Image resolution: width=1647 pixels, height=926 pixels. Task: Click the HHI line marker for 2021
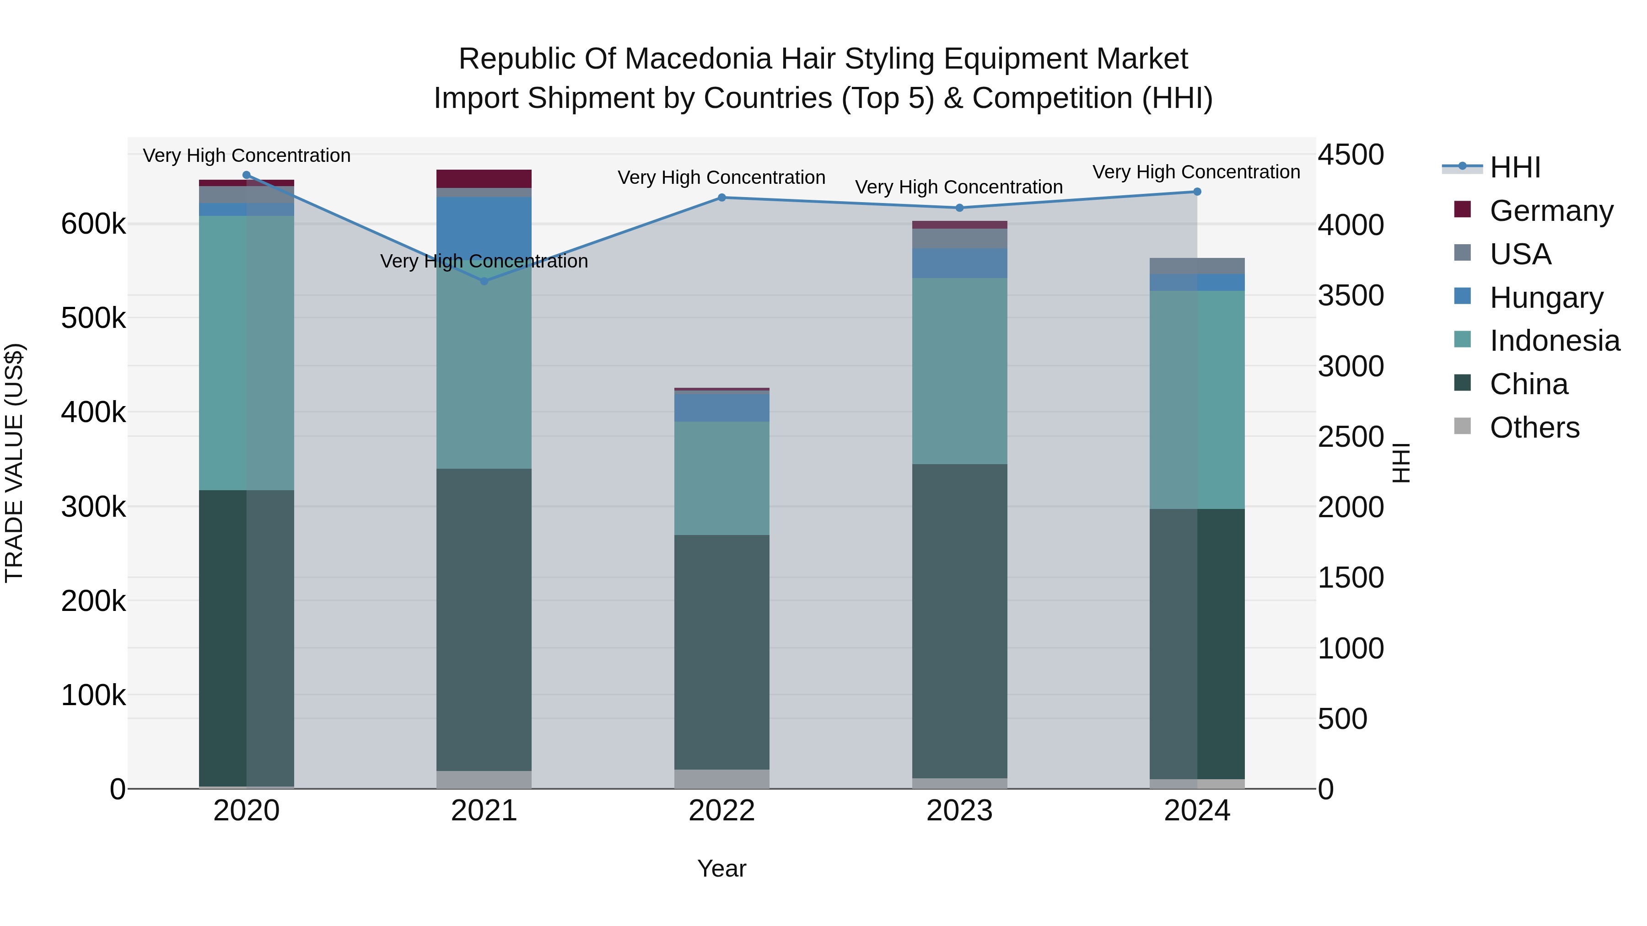point(484,281)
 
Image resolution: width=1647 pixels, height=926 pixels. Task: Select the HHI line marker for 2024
point(1197,192)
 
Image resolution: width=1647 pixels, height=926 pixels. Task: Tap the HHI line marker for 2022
point(722,198)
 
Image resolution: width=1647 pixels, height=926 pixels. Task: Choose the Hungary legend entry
point(1545,297)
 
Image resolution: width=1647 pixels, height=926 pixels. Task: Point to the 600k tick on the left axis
point(93,225)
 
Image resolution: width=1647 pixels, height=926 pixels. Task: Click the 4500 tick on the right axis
point(1351,155)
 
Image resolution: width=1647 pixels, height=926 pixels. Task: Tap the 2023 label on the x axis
point(959,811)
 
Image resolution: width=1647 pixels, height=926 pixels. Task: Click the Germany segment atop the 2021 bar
point(484,178)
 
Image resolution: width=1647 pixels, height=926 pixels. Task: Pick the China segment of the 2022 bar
point(722,652)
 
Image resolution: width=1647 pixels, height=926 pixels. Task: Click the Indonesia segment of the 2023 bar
point(959,371)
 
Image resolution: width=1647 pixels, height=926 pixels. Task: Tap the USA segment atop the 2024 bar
point(1197,266)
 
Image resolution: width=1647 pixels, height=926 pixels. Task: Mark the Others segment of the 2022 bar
point(722,779)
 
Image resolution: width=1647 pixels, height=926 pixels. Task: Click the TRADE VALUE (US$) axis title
point(14,463)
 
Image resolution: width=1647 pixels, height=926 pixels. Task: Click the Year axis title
point(722,868)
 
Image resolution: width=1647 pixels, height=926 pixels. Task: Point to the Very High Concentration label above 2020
point(246,155)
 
